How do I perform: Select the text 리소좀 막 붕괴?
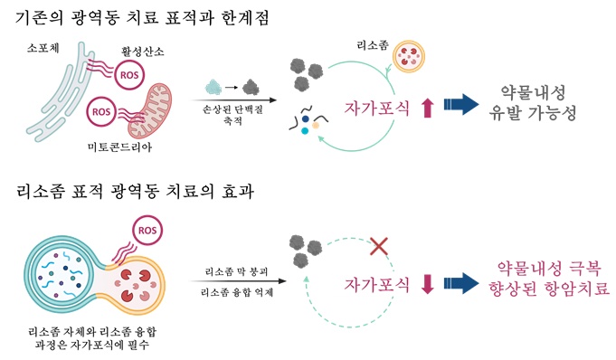click(x=236, y=270)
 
